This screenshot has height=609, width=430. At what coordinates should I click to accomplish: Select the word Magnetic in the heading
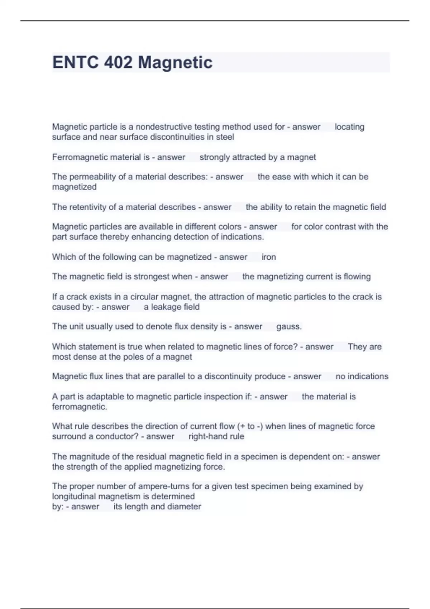[x=175, y=62]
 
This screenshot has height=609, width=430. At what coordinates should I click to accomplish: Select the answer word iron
[x=269, y=257]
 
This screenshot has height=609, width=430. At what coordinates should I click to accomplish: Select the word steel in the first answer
[x=225, y=137]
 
